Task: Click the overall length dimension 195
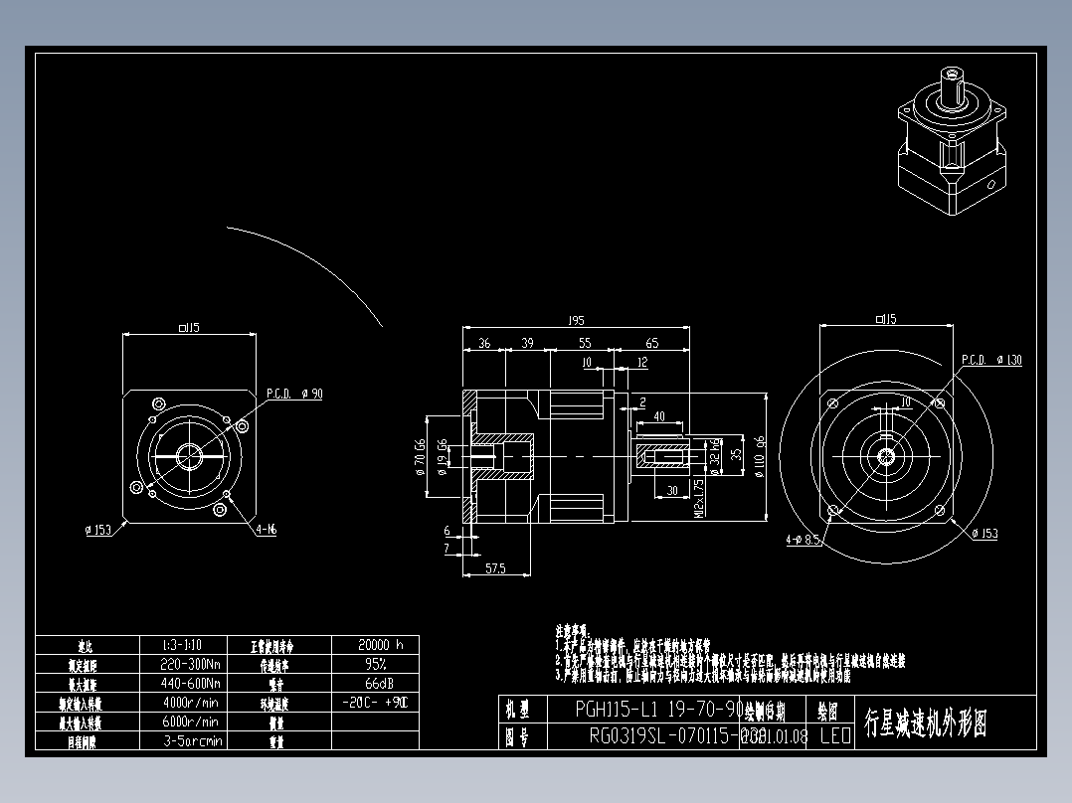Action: pos(575,320)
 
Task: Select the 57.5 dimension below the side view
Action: pos(493,567)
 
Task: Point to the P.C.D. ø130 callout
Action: pos(991,360)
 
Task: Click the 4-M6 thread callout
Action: pos(266,530)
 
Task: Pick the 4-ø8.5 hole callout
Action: pos(802,541)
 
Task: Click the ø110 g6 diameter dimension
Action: pos(760,456)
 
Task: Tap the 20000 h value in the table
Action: pos(375,644)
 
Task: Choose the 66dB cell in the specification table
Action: pos(375,683)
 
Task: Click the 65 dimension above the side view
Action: pos(652,343)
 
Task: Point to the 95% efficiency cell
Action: pos(375,664)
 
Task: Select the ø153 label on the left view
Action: pos(96,530)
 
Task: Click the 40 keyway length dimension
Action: pos(658,416)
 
